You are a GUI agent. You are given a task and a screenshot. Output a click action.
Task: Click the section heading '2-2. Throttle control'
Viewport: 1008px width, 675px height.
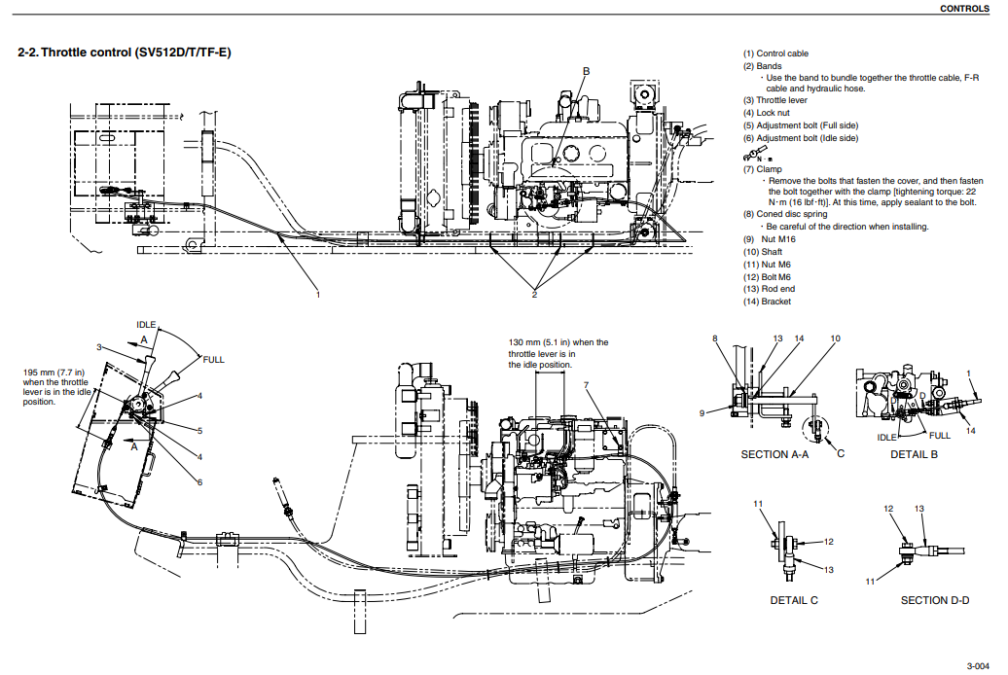(x=125, y=51)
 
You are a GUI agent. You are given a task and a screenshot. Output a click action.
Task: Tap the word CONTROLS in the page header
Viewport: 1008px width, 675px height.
(x=965, y=9)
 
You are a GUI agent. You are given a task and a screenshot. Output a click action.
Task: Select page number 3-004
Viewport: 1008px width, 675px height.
(x=978, y=665)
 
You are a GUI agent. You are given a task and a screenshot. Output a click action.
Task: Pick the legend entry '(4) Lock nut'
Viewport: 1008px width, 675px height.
(x=766, y=113)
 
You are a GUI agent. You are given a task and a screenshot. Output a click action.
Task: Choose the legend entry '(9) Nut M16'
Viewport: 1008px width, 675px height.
(x=768, y=239)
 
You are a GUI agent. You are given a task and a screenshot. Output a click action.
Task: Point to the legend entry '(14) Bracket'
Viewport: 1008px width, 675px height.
(x=767, y=302)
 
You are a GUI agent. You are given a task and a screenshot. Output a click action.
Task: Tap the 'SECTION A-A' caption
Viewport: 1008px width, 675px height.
(x=774, y=454)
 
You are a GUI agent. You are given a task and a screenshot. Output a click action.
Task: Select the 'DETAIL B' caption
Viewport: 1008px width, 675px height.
(x=913, y=454)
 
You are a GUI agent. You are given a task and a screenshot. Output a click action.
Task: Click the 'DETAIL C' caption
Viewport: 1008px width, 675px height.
(x=794, y=600)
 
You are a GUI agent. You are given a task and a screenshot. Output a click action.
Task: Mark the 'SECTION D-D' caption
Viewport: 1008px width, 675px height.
(x=934, y=600)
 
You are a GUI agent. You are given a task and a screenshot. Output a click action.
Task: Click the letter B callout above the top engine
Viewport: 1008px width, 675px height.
(x=587, y=71)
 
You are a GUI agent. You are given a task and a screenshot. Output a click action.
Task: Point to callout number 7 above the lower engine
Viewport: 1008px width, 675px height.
(x=587, y=385)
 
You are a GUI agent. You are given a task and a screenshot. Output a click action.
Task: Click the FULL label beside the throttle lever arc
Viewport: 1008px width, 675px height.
(x=213, y=360)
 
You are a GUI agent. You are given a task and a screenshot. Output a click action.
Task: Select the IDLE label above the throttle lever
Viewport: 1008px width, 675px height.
(x=146, y=325)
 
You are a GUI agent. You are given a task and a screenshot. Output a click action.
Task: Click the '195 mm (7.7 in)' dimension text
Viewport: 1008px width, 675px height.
(x=54, y=372)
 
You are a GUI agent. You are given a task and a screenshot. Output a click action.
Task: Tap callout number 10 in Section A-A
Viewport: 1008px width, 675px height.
(x=835, y=338)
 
